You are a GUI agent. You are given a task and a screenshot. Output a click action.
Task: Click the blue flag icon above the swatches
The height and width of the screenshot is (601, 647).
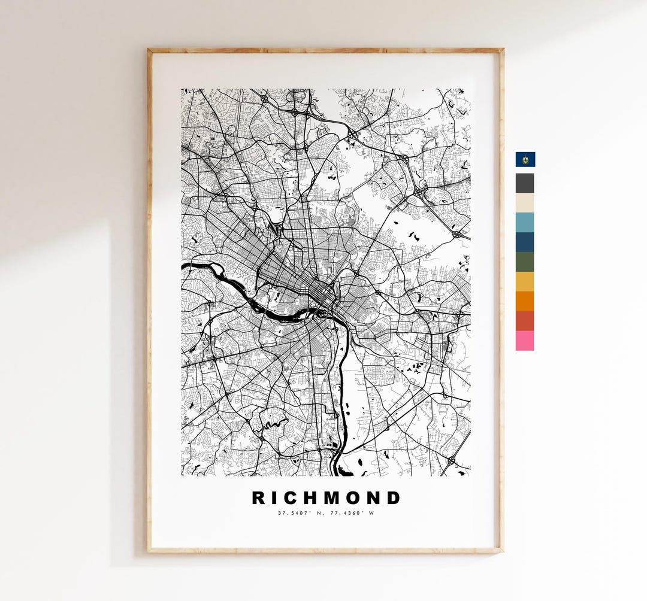525,159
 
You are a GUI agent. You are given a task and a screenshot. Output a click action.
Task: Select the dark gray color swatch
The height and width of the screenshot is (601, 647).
525,183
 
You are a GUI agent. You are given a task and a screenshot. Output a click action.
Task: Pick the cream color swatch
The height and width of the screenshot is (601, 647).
525,202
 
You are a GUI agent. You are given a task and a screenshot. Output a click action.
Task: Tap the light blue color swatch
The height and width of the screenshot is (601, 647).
525,222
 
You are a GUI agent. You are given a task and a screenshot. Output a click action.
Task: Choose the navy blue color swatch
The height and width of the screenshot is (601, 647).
525,242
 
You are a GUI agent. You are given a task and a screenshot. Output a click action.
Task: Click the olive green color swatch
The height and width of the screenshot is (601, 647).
525,262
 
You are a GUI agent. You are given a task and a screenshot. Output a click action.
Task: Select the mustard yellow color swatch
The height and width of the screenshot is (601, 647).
525,281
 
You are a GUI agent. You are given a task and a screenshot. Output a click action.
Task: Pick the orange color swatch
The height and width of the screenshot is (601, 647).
525,301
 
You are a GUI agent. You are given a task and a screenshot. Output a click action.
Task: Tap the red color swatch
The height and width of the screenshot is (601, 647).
525,321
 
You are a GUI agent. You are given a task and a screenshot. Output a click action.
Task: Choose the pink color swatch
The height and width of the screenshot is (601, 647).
525,341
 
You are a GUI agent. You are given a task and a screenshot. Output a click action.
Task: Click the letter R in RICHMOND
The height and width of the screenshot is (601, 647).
258,498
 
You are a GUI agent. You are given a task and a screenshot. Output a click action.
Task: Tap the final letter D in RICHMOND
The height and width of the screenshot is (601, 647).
394,498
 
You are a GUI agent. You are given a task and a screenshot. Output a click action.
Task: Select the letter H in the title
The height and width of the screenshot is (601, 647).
310,498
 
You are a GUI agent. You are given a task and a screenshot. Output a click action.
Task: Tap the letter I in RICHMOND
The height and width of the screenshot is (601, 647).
274,498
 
